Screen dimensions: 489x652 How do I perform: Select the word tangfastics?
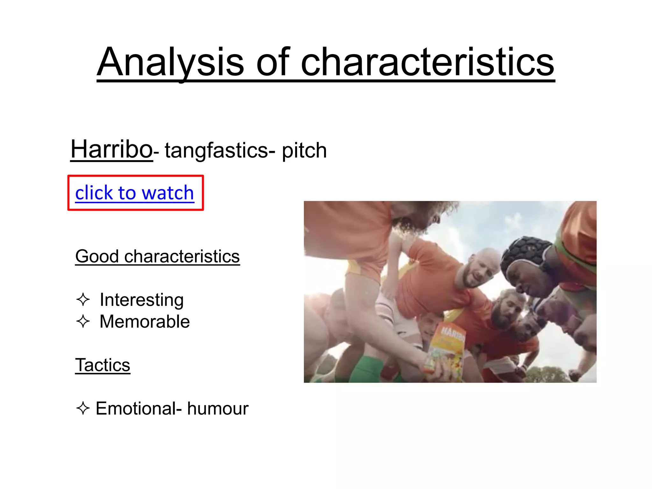pyautogui.click(x=216, y=150)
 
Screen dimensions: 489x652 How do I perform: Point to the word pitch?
pyautogui.click(x=304, y=151)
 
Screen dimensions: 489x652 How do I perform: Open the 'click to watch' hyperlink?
pyautogui.click(x=134, y=193)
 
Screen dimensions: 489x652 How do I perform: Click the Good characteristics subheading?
pyautogui.click(x=157, y=256)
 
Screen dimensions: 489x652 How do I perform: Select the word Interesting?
pyautogui.click(x=142, y=300)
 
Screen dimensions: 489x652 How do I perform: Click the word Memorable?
pyautogui.click(x=145, y=322)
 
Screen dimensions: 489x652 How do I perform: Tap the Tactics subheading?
pyautogui.click(x=103, y=365)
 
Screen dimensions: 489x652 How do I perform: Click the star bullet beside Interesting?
pyautogui.click(x=83, y=300)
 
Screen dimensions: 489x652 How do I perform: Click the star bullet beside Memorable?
pyautogui.click(x=83, y=321)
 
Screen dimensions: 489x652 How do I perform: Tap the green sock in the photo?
pyautogui.click(x=366, y=369)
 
